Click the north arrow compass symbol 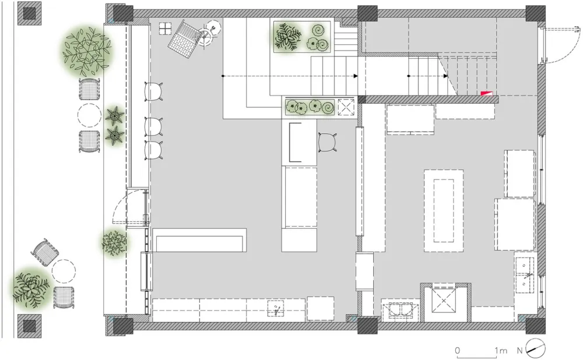tap(536, 349)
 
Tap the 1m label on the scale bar tap(500, 351)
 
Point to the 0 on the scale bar tap(458, 351)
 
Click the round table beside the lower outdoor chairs tap(64, 271)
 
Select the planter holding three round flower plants tap(308, 107)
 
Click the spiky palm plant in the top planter tap(287, 36)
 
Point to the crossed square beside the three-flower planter tap(346, 107)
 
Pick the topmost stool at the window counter tap(153, 91)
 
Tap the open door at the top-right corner tap(557, 44)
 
